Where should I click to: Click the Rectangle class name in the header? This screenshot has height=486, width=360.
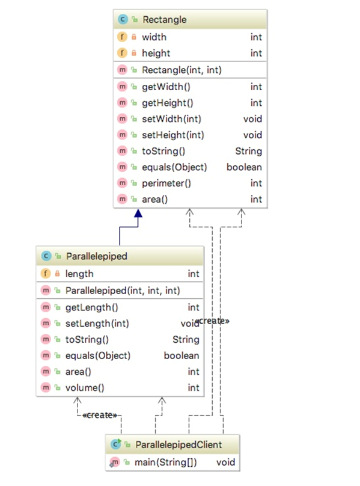[164, 20]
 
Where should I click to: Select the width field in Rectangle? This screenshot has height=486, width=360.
[154, 37]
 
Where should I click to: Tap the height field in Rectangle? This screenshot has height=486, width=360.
[156, 54]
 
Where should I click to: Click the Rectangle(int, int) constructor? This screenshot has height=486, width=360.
[182, 70]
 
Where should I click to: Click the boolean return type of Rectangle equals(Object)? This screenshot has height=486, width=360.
[244, 167]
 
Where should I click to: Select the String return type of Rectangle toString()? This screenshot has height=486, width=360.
[248, 151]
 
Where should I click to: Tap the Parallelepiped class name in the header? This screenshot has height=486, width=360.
[96, 256]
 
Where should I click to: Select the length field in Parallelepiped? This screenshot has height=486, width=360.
[79, 274]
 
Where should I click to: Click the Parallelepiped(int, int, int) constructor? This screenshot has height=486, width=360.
[123, 291]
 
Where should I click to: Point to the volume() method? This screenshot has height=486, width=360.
[85, 388]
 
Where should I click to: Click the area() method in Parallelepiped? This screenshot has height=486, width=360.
[79, 372]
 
